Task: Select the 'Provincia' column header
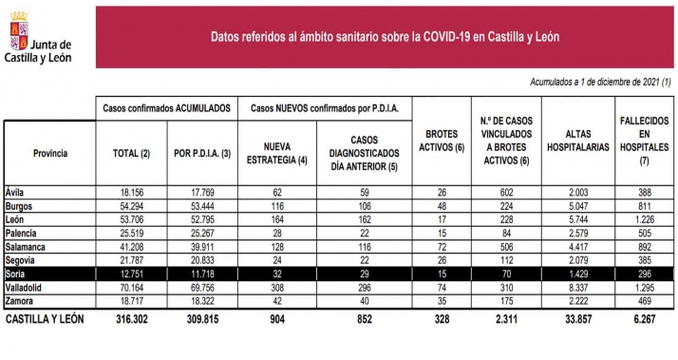click(x=49, y=152)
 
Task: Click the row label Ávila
click(x=17, y=190)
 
